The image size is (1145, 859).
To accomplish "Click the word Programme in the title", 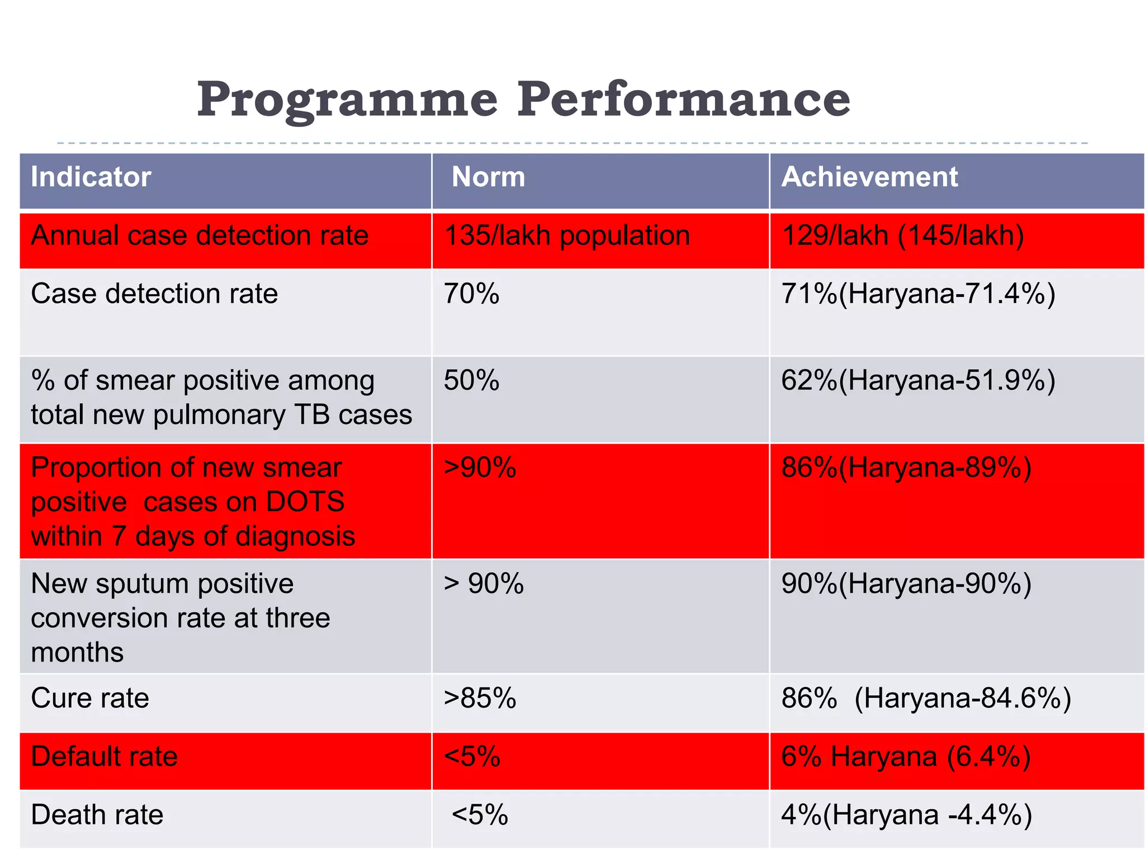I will tap(347, 101).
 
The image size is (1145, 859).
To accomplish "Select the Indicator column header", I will tap(91, 177).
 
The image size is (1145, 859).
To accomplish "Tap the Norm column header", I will tap(488, 177).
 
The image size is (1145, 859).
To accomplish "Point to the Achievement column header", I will tap(869, 177).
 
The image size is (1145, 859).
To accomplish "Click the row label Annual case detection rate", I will tap(200, 235).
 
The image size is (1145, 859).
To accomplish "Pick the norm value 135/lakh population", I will tap(567, 235).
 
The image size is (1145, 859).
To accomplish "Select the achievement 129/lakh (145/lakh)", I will tap(902, 235).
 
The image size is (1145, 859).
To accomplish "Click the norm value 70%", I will tap(471, 294).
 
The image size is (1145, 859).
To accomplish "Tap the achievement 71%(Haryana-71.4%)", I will tap(918, 294).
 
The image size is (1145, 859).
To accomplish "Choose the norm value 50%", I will tap(471, 381).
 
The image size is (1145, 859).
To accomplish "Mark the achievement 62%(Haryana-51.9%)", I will tap(918, 381).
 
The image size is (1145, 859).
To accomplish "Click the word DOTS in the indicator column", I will tap(305, 502).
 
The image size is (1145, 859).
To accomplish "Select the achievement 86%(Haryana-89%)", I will tap(906, 468).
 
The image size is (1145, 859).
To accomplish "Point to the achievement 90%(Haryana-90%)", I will tap(906, 584).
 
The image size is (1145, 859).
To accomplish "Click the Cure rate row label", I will tap(90, 698).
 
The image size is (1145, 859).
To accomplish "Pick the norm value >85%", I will tap(480, 698).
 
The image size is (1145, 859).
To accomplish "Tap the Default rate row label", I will tap(104, 757).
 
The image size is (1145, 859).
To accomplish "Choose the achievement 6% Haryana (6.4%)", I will tap(906, 757).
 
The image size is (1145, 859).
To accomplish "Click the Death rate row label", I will tap(97, 815).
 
